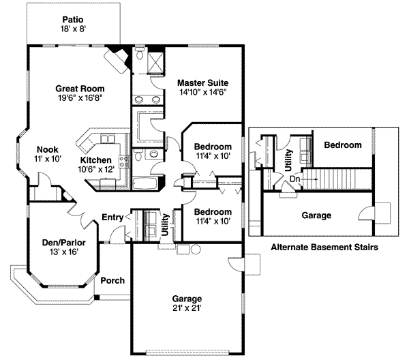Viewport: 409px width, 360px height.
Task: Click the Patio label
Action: click(73, 20)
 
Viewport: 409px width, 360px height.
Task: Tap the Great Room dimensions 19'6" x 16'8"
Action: click(78, 98)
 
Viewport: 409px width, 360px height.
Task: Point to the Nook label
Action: click(47, 149)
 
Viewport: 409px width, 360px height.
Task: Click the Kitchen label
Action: click(95, 160)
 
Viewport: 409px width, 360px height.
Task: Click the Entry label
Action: click(112, 217)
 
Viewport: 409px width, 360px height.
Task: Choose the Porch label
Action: click(112, 280)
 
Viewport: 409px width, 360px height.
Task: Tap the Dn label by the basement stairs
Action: click(294, 179)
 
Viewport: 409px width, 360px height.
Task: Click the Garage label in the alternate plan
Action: click(316, 215)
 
